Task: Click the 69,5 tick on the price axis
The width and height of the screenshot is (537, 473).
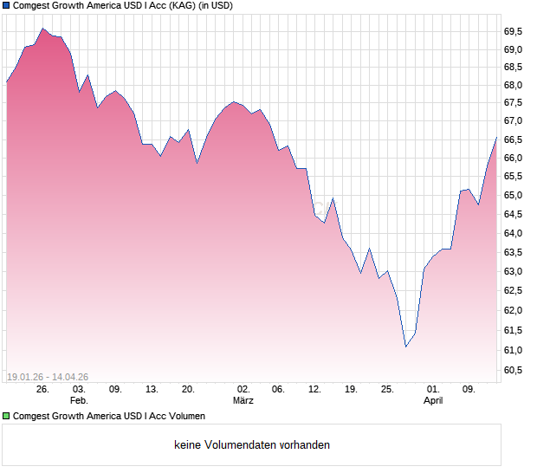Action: (514, 31)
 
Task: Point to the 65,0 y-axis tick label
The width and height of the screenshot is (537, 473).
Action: (514, 195)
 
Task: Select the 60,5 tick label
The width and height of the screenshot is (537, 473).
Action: (514, 371)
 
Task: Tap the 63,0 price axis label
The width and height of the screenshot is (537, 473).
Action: (514, 271)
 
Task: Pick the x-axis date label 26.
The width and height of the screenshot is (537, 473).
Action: (42, 389)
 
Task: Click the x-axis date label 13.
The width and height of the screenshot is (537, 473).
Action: (152, 389)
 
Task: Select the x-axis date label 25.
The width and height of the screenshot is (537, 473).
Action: (388, 389)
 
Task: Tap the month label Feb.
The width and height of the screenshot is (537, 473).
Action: (79, 401)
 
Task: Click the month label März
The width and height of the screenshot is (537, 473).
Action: (243, 401)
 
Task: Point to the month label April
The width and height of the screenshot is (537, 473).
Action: (433, 401)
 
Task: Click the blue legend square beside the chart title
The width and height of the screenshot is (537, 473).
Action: (7, 5)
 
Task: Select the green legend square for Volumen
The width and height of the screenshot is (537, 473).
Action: (7, 417)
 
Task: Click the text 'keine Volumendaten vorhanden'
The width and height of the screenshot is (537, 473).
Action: (252, 445)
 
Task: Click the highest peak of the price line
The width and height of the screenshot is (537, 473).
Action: (42, 29)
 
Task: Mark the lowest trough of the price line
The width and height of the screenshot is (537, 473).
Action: (406, 347)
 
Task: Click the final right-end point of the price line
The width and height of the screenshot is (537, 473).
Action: (496, 137)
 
